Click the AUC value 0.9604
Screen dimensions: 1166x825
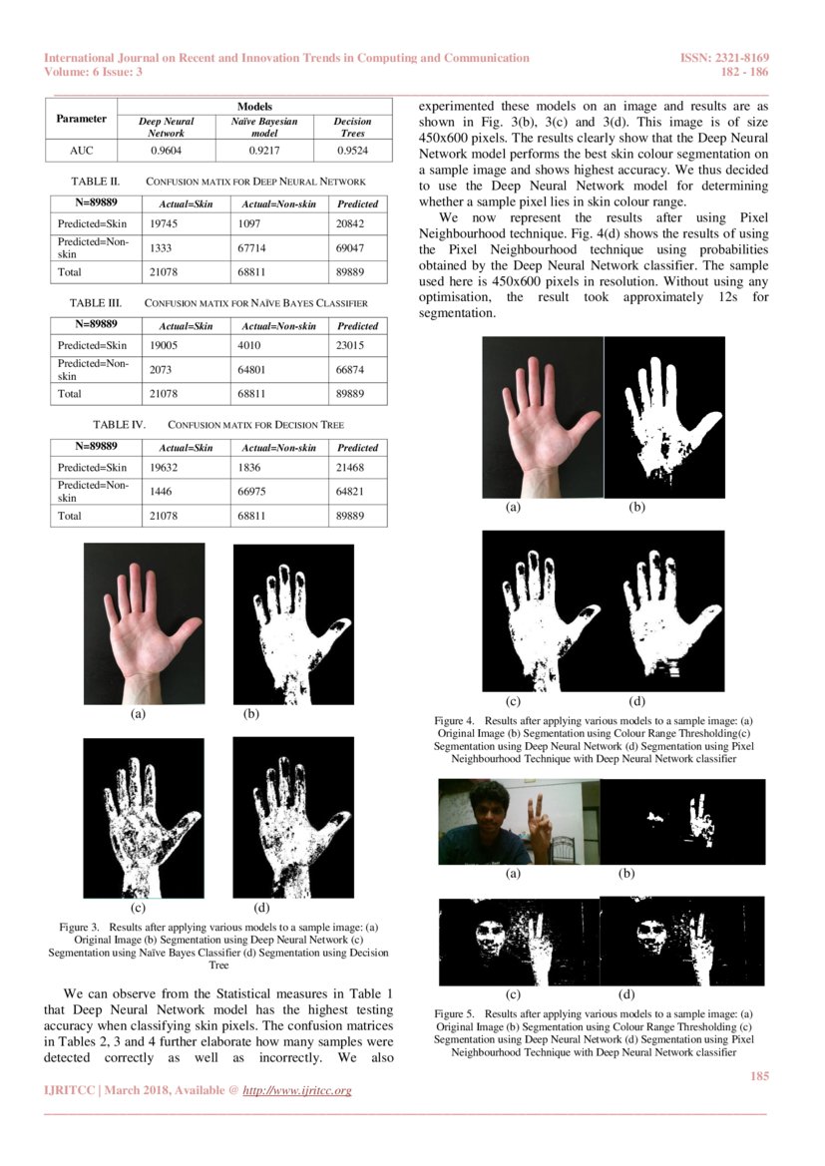tap(165, 151)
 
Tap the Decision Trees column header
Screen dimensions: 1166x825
tap(352, 126)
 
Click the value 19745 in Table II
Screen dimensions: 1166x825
tap(163, 224)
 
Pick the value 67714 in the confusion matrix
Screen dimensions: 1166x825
tap(254, 246)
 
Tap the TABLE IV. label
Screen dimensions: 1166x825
tap(120, 425)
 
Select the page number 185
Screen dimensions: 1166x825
tap(758, 1075)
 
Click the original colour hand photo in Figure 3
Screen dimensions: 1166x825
tap(144, 623)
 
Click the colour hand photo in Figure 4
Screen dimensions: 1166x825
tap(543, 416)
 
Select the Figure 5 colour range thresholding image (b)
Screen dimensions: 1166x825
tap(682, 821)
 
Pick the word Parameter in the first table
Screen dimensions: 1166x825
tap(82, 119)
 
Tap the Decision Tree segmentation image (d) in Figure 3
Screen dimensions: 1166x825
tap(292, 818)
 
